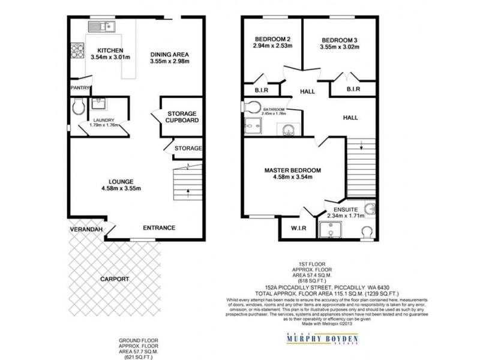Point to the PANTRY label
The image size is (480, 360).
(x=80, y=88)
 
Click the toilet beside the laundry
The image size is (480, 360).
(x=76, y=109)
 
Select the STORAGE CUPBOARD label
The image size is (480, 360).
(x=182, y=116)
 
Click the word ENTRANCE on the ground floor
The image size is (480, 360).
(x=158, y=227)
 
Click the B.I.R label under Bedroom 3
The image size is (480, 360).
(x=353, y=89)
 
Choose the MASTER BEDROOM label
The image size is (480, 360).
(x=292, y=170)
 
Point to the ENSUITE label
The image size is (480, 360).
(x=344, y=208)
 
